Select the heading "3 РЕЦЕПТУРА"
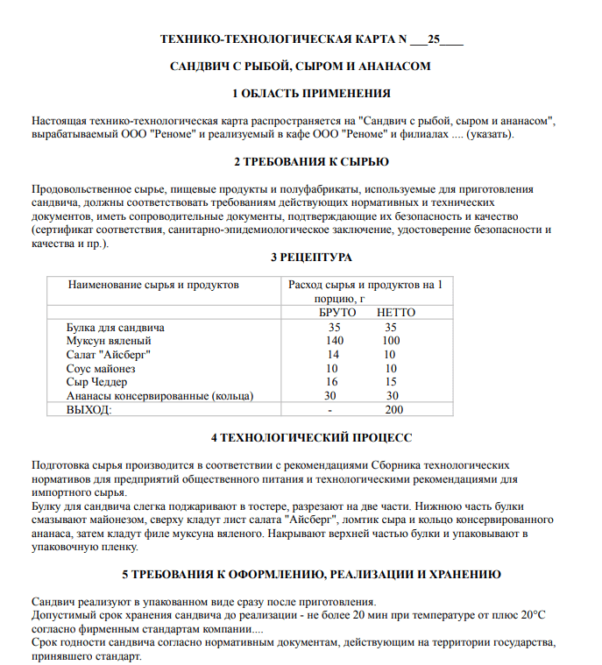tap(311, 258)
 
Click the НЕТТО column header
tap(395, 312)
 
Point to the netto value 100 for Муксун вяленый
tap(391, 340)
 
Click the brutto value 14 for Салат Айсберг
tap(333, 354)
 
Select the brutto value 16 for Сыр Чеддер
tap(333, 382)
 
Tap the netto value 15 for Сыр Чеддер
tap(391, 382)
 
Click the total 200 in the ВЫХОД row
tap(394, 409)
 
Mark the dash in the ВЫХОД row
tap(329, 409)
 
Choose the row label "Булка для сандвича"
tap(116, 327)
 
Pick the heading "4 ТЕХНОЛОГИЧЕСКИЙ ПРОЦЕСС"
tap(311, 437)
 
